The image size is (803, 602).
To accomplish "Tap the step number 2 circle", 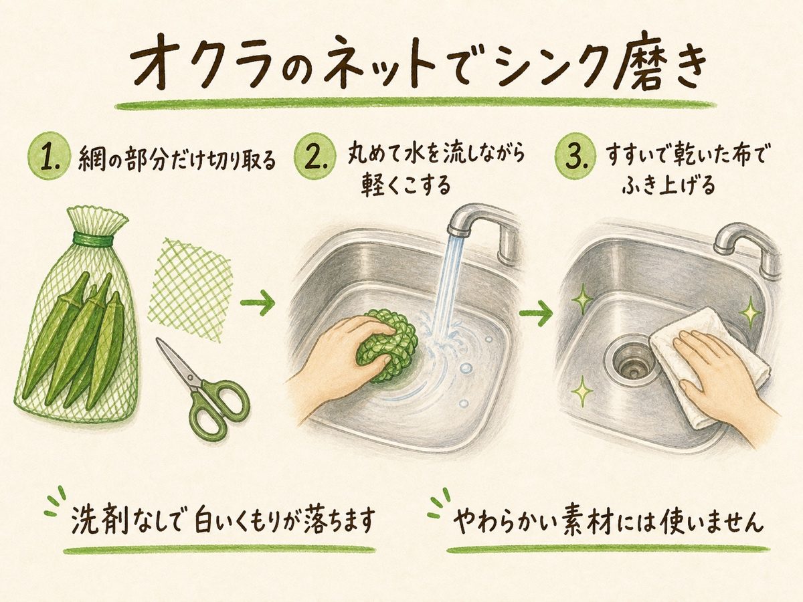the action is (x=315, y=159).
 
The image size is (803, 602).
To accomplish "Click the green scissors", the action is (x=203, y=387).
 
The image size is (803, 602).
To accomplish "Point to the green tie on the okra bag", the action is (x=92, y=239).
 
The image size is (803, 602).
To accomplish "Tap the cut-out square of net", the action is (x=190, y=290).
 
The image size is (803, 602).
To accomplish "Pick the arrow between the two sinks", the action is (x=536, y=313).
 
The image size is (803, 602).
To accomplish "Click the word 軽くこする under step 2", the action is (x=406, y=185).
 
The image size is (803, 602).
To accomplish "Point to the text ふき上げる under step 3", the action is (x=668, y=185).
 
